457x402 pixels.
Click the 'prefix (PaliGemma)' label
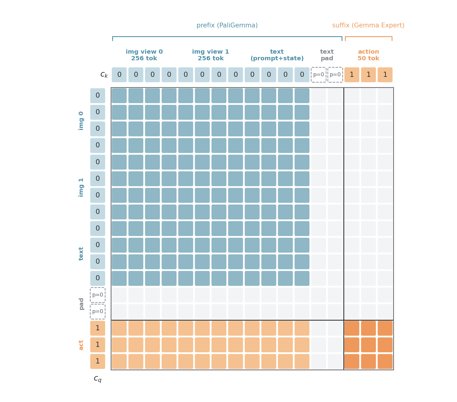point(227,25)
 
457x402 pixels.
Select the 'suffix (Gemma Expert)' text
point(368,25)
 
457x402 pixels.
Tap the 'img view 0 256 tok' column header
point(144,55)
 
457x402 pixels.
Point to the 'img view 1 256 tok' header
point(211,55)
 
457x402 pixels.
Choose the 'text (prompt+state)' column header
point(277,55)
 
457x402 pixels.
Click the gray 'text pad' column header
point(327,55)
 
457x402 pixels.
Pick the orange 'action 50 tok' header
point(368,55)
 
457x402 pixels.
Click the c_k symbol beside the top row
point(104,74)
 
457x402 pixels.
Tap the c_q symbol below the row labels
point(98,379)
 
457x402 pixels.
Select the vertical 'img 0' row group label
point(81,121)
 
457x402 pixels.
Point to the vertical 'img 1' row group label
point(81,187)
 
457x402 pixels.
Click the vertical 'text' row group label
point(81,254)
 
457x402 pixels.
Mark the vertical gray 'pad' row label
point(81,304)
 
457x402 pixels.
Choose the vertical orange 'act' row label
point(81,345)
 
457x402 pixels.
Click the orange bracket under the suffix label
point(368,37)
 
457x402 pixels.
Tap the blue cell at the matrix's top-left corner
point(119,96)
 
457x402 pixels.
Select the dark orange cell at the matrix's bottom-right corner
point(385,361)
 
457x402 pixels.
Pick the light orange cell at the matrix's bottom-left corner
point(119,361)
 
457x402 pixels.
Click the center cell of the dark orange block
point(368,345)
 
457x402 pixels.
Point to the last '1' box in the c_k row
point(385,75)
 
